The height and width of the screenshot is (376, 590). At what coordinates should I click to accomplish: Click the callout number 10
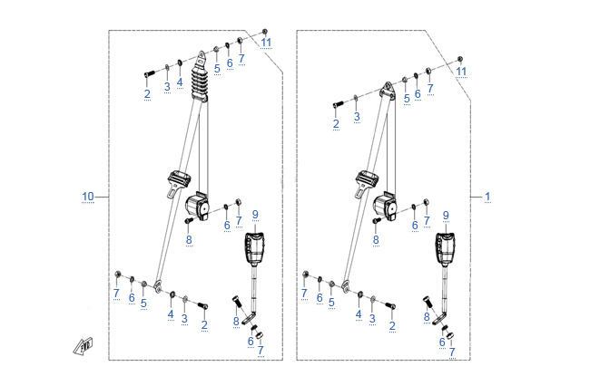(88, 197)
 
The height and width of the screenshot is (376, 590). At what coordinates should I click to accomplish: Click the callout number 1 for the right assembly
(487, 197)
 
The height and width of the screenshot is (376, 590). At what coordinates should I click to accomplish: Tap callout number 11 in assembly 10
(266, 43)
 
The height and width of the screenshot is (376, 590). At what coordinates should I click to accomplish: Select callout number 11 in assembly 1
(461, 71)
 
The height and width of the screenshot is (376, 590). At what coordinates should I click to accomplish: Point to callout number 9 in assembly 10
(256, 214)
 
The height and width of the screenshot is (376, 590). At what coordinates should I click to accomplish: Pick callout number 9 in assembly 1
(446, 215)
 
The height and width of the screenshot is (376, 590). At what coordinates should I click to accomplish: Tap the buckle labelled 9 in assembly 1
(444, 247)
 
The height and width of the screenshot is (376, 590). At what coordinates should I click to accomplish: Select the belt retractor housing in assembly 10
(199, 205)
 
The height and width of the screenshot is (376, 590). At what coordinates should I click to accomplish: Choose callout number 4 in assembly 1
(359, 314)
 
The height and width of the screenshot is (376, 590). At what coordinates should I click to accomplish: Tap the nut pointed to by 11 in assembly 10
(263, 32)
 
